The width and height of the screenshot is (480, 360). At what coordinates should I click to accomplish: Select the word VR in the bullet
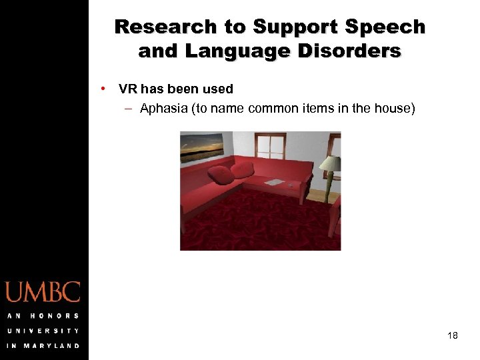point(128,89)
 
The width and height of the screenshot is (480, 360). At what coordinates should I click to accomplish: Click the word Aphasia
point(164,108)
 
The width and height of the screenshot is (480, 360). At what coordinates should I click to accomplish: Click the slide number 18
point(453,335)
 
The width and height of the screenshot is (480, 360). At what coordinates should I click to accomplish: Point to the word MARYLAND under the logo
point(52,345)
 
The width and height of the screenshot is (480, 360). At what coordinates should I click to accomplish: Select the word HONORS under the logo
point(55,315)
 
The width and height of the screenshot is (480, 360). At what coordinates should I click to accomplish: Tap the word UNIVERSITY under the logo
point(43,331)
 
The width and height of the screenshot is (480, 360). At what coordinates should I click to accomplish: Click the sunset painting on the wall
point(202,147)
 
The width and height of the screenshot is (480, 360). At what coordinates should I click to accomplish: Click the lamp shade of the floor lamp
point(329,163)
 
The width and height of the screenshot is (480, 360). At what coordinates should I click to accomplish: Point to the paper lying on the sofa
point(274,182)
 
